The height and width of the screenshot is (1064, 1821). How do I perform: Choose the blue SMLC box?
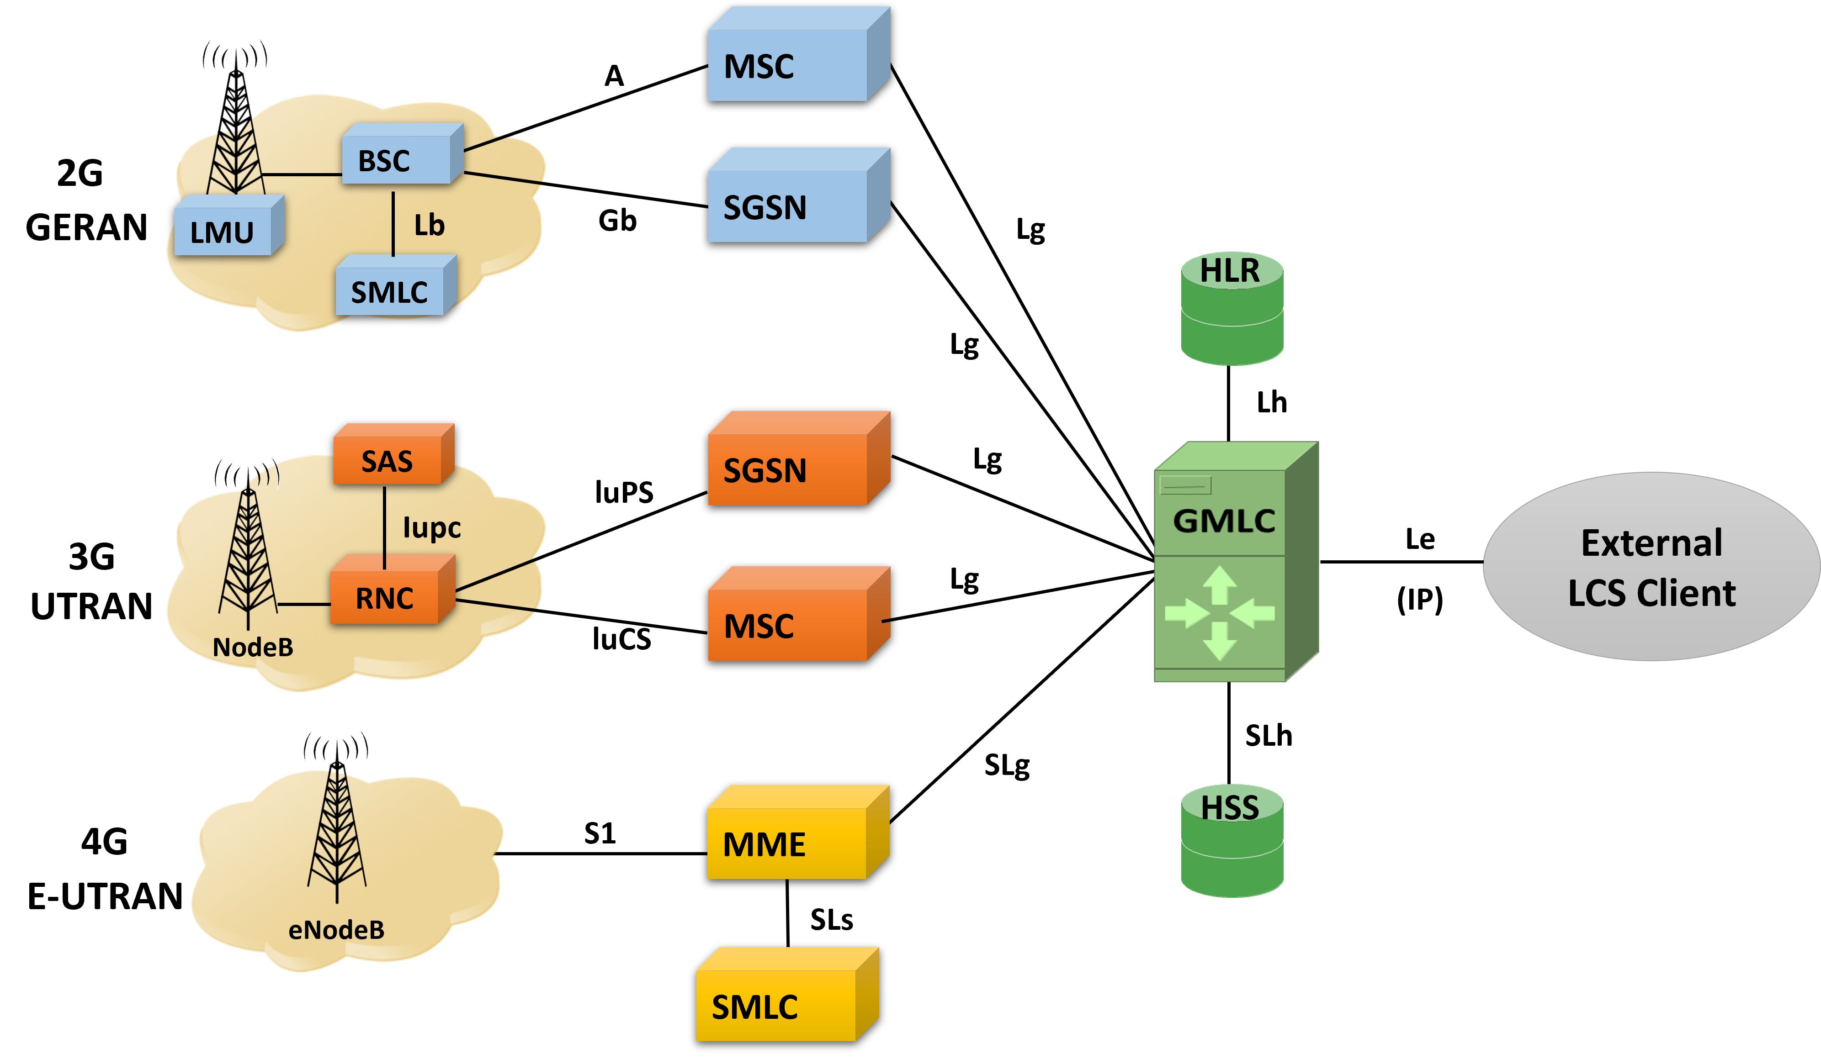[390, 290]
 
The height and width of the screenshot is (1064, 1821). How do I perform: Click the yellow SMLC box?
[777, 1004]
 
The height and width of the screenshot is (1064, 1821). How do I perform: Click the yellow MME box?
[788, 842]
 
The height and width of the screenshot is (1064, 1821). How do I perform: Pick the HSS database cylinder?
[1232, 842]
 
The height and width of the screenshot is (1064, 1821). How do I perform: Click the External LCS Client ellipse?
[1651, 567]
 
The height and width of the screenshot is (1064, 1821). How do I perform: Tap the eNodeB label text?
[336, 930]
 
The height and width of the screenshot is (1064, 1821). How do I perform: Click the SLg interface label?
[1007, 765]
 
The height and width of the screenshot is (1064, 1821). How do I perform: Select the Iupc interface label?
[431, 527]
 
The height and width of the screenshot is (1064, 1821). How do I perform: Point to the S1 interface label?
[600, 833]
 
